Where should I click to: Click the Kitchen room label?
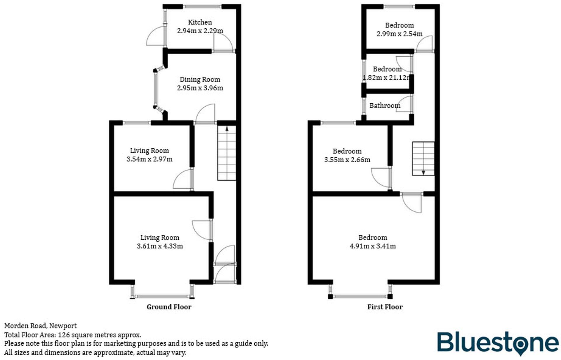[200, 22]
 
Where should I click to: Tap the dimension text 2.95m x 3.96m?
[200, 88]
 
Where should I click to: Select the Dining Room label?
[200, 79]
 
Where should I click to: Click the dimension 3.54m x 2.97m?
[149, 159]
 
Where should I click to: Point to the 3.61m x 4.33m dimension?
[160, 246]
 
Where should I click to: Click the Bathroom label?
[385, 105]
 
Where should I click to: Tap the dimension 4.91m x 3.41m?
[373, 246]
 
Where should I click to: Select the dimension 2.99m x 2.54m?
[399, 34]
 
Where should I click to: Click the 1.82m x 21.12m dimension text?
[386, 78]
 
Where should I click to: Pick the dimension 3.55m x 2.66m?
[347, 160]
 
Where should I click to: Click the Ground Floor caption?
[169, 307]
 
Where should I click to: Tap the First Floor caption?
[385, 307]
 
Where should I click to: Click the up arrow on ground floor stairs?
[227, 129]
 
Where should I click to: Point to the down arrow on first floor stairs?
[423, 172]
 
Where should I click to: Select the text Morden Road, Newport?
[40, 326]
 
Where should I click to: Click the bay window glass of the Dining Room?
[155, 90]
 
